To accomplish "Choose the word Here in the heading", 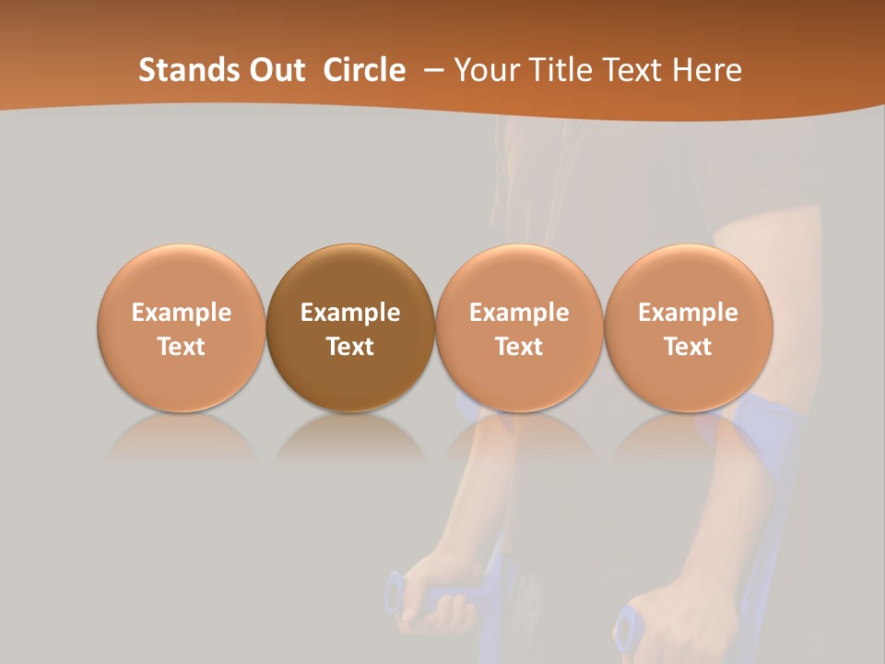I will [x=708, y=70].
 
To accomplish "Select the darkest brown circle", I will [x=350, y=327].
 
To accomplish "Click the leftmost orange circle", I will [x=182, y=327].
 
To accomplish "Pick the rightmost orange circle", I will [x=688, y=327].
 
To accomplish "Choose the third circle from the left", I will [x=519, y=327].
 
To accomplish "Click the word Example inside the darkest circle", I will [x=350, y=313].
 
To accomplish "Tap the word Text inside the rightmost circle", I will [x=688, y=347].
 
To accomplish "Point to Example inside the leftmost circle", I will [x=182, y=313].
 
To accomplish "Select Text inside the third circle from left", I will [x=519, y=347].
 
